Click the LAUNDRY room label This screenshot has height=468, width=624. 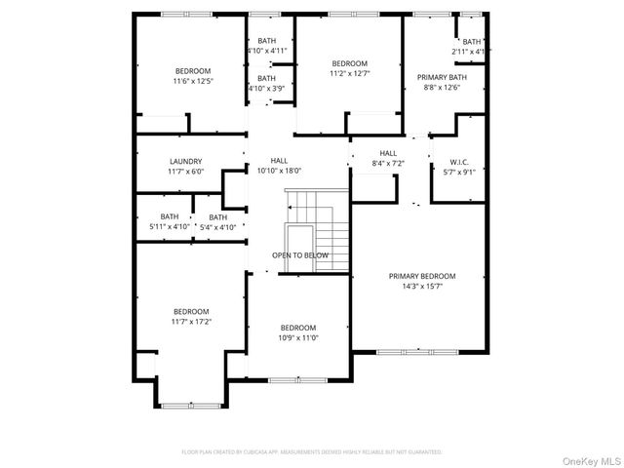coord(185,162)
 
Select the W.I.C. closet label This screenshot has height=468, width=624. coord(458,162)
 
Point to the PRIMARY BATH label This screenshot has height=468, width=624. coord(443,77)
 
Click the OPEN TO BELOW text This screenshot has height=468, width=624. coord(300,255)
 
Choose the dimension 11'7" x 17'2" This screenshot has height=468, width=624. coord(192,321)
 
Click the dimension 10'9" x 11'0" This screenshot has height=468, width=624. coord(298,337)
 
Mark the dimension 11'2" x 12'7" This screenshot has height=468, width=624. coord(350,73)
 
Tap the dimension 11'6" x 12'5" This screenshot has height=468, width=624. coord(192,81)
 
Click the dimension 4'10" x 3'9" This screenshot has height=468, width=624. coord(266,89)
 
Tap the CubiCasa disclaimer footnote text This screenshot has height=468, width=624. coord(312,452)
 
